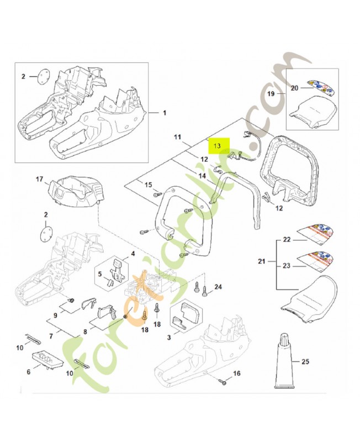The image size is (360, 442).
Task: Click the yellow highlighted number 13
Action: pos(217,146)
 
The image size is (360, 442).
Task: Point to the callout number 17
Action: pos(39,179)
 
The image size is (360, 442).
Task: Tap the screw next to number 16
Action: pos(223,381)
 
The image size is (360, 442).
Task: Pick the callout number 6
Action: pos(29,372)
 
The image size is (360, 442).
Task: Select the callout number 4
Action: pos(133,255)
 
